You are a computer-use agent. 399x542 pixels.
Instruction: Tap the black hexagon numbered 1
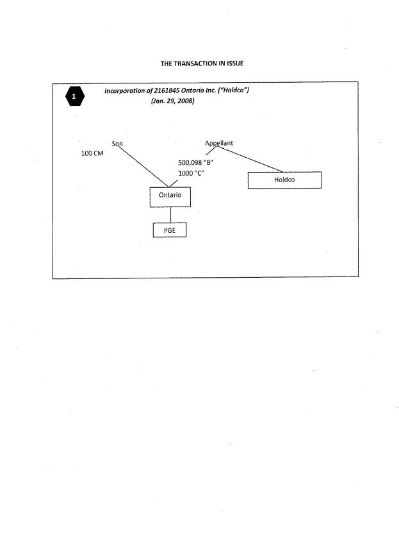point(76,97)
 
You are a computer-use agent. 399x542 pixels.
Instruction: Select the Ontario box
point(170,197)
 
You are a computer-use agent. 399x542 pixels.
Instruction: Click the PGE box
point(170,230)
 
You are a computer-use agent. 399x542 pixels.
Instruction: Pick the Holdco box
point(284,180)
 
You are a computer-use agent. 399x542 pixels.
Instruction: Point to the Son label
point(117,144)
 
